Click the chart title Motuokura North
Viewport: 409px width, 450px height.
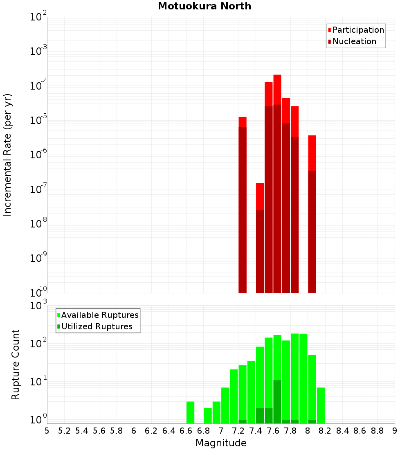(x=204, y=6)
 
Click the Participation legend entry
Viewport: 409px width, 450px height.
(x=358, y=30)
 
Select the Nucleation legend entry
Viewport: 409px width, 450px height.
(x=354, y=41)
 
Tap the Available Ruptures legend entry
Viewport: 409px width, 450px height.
(x=99, y=315)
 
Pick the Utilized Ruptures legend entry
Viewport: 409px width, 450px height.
(x=96, y=326)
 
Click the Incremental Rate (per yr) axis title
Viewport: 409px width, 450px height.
(x=7, y=155)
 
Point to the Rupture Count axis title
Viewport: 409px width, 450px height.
(x=16, y=364)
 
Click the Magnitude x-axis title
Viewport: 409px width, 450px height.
(x=221, y=443)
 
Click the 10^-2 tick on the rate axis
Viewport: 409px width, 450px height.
(x=38, y=17)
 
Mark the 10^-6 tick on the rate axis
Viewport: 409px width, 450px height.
(x=38, y=155)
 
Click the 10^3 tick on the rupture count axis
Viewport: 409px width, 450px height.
(x=38, y=306)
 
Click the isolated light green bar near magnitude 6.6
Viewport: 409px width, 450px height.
(x=190, y=412)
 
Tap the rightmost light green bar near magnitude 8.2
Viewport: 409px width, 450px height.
(x=321, y=405)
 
